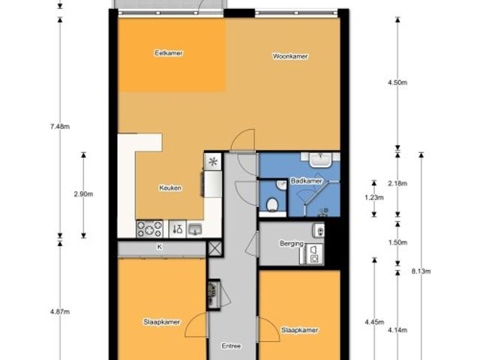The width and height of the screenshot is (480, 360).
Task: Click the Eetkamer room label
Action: tap(169, 53)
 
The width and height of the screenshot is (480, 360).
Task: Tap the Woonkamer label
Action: tap(290, 56)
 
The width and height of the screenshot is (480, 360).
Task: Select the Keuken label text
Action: tap(170, 188)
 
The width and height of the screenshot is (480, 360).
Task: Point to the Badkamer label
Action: tap(307, 181)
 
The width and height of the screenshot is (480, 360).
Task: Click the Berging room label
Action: tap(292, 244)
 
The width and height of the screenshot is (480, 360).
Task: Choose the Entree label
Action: tap(231, 346)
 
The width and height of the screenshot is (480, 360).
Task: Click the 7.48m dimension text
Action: tap(60, 126)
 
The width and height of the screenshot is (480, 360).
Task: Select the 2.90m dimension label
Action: tap(83, 194)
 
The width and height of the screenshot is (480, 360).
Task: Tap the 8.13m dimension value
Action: tap(421, 271)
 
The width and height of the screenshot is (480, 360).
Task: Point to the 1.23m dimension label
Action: tap(374, 197)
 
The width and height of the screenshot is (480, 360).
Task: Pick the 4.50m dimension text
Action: tap(397, 82)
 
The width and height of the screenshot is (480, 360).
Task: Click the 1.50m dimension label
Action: tap(397, 242)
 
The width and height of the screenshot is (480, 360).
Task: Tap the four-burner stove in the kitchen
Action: tap(149, 229)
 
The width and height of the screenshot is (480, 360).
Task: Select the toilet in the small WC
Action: tap(272, 204)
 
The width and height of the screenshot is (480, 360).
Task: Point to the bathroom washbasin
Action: tap(320, 160)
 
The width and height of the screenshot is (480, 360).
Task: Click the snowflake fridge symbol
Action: tap(213, 161)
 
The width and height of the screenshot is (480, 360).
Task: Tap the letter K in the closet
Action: tap(160, 247)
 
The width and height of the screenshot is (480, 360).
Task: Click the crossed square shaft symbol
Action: tap(215, 248)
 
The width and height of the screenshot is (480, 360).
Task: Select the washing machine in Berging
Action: tap(313, 254)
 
